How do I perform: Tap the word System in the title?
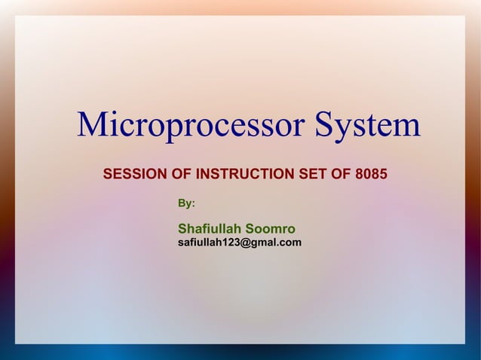tap(367, 126)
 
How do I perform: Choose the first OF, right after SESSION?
tap(182, 175)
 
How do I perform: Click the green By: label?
tap(186, 203)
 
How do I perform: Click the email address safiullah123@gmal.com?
tap(239, 243)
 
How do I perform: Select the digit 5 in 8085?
tap(383, 175)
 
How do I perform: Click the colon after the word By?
tap(193, 204)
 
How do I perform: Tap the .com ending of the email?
tap(290, 243)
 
